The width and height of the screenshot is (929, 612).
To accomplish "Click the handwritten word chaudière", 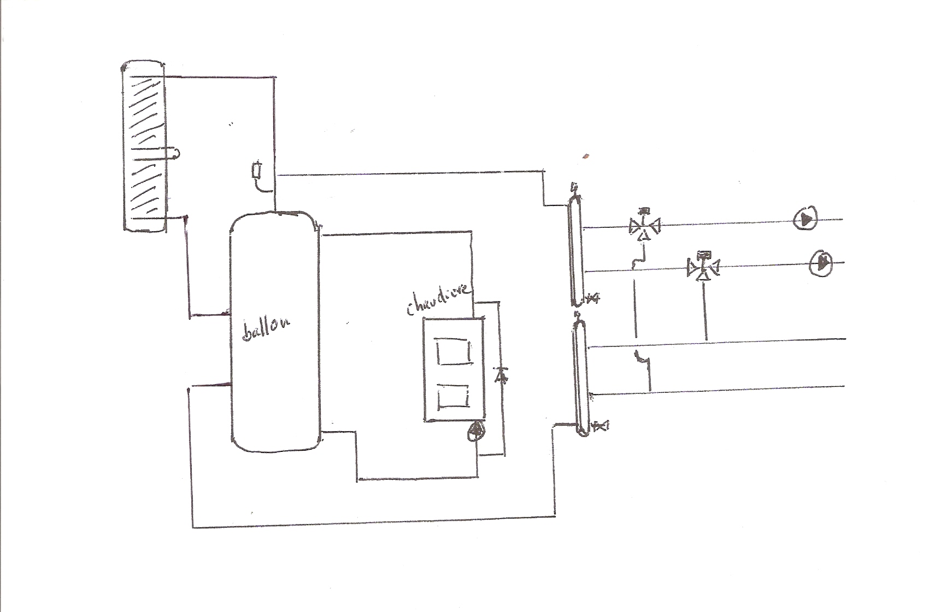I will point(437,301).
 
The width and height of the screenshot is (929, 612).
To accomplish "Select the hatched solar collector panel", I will point(144,146).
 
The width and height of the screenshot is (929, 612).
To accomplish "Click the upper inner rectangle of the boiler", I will point(454,352).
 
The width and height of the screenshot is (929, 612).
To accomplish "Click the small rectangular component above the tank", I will point(258,171).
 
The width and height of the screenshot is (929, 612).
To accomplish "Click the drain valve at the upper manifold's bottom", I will point(592,299).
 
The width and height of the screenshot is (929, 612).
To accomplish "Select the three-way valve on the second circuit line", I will point(703,268).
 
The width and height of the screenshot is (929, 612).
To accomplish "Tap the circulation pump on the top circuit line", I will point(805,220).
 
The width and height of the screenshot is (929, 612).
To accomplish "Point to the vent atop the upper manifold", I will point(573,187).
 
